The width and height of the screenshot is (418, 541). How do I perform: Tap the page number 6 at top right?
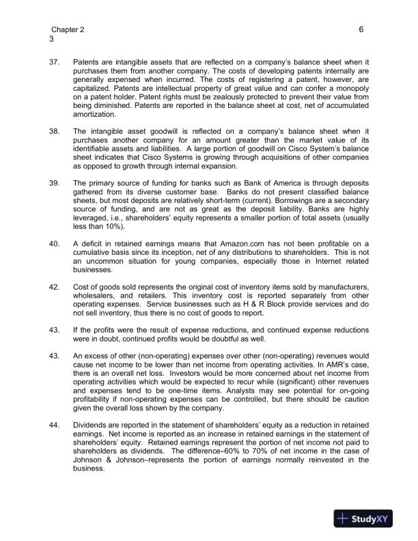(x=360, y=30)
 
